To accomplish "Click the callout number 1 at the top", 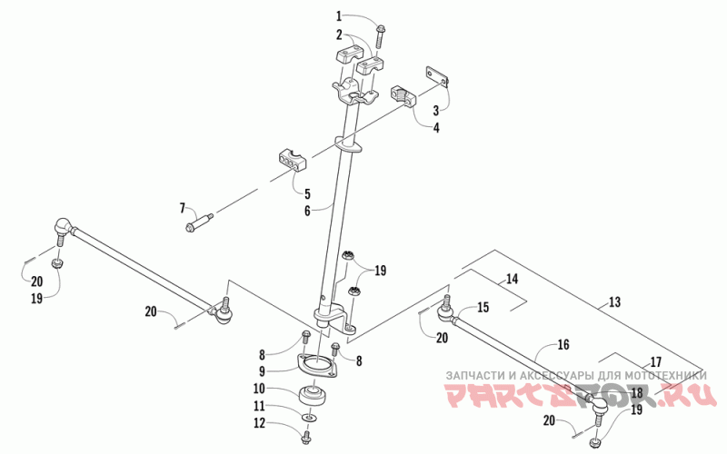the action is (339, 15).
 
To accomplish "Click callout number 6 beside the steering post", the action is (307, 210).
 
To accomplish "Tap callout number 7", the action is (183, 208).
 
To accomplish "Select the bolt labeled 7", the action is (200, 222).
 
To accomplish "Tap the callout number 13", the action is (614, 301).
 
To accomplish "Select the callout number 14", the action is (512, 279).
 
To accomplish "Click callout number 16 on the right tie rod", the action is (563, 345).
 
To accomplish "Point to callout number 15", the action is (483, 307).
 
